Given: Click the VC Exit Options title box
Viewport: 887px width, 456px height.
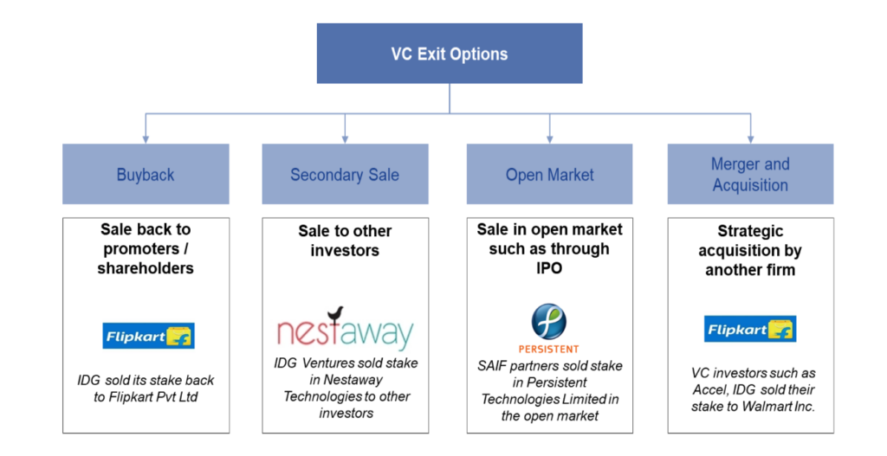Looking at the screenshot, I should click(x=449, y=54).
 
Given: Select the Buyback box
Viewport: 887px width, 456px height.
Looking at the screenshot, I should click(x=146, y=175).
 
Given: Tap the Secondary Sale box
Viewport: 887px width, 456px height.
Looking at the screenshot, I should click(x=345, y=175).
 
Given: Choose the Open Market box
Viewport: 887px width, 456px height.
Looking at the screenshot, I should click(x=549, y=175).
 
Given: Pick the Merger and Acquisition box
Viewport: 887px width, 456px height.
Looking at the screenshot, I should click(x=750, y=174).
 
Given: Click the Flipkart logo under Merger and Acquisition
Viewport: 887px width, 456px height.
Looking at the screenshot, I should click(x=749, y=329).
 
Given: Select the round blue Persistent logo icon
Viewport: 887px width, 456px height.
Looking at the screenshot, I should click(x=548, y=321).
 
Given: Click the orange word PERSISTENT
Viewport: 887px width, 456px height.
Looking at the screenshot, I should click(x=548, y=349).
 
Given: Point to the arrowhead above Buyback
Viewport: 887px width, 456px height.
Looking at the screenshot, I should click(x=146, y=138).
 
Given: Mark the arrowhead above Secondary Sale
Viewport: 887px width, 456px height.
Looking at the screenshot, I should click(x=345, y=138).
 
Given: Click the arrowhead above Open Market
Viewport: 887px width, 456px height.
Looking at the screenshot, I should click(x=549, y=138).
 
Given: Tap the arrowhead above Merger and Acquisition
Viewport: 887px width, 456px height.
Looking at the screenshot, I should click(x=750, y=138).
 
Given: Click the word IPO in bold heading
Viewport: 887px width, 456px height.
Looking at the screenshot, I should click(x=548, y=268).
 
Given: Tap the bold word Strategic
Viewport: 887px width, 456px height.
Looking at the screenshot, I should click(x=750, y=232).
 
